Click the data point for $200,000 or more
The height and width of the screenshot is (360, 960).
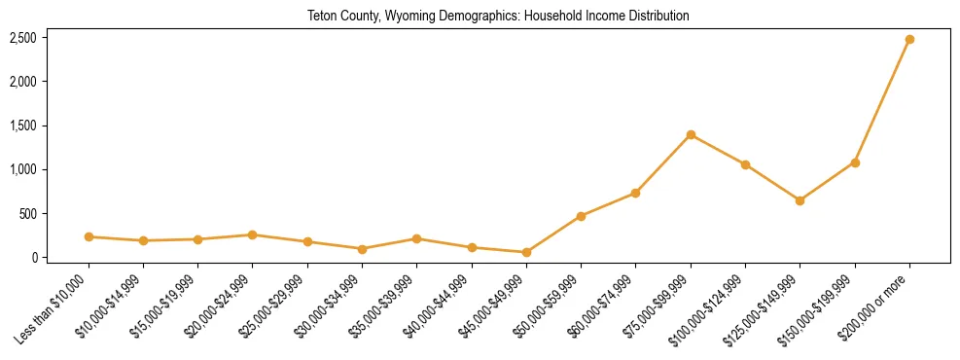click(x=909, y=39)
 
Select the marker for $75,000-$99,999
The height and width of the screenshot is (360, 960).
click(x=691, y=134)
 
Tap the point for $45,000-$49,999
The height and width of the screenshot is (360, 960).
click(x=526, y=252)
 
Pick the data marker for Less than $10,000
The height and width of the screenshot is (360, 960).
click(x=89, y=236)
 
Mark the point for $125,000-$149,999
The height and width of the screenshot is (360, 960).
click(x=800, y=200)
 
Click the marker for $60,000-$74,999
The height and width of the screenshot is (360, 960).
click(x=635, y=193)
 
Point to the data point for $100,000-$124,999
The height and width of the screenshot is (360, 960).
click(x=745, y=164)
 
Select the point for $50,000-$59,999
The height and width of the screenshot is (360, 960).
click(x=581, y=216)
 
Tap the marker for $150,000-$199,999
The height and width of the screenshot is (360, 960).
click(x=855, y=162)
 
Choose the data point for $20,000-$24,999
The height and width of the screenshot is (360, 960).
click(x=252, y=234)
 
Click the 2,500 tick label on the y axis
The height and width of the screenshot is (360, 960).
click(x=23, y=38)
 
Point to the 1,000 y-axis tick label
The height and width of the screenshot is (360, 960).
click(x=23, y=169)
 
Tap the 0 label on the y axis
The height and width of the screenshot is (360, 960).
click(x=34, y=258)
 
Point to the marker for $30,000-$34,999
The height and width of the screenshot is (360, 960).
click(x=362, y=249)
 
